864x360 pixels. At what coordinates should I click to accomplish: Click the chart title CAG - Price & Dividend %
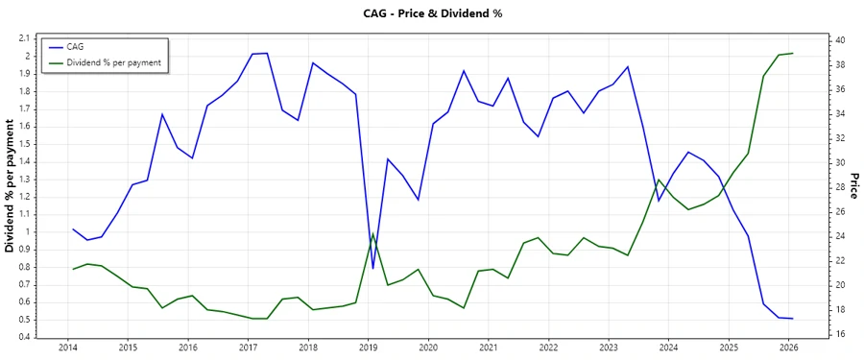[x=432, y=13]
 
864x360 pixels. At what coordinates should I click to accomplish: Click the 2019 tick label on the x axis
[x=368, y=348]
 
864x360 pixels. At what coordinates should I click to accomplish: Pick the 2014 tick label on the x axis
[x=67, y=348]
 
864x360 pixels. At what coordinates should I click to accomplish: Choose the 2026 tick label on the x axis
[x=788, y=348]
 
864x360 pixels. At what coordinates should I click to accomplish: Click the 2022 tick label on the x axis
[x=548, y=348]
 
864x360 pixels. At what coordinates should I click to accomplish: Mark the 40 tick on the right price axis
[x=839, y=40]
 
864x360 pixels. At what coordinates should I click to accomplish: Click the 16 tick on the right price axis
[x=839, y=334]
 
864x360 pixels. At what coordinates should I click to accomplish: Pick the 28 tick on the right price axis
[x=839, y=187]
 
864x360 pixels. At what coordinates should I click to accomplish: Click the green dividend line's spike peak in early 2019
[x=372, y=233]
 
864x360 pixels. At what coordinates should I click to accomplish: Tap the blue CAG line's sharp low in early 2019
[x=372, y=269]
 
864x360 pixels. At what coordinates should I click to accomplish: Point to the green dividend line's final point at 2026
[x=792, y=54]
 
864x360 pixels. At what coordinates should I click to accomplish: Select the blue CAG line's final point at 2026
[x=792, y=318]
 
